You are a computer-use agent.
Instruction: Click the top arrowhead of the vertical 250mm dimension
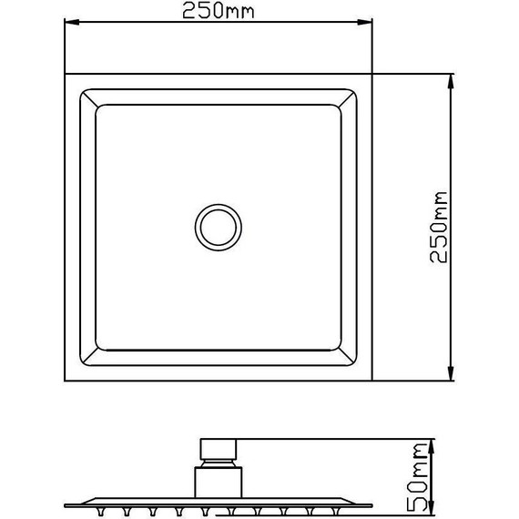click(x=451, y=79)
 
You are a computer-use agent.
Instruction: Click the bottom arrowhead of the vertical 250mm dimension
click(x=451, y=375)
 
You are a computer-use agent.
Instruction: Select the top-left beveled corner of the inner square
click(x=88, y=97)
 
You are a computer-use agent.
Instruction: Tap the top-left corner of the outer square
click(x=65, y=73)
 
